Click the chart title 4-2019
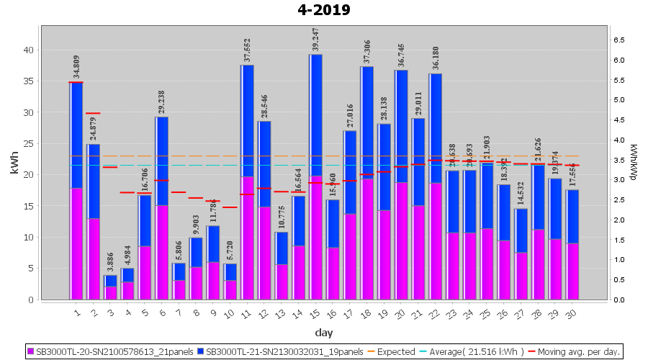coord(323,10)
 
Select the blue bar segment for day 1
coord(76,135)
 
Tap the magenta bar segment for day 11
coord(247,238)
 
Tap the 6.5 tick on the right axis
coord(618,40)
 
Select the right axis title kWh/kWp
coord(633,162)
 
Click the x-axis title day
coord(323,332)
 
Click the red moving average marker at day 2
coord(93,113)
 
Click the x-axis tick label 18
coord(367,313)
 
